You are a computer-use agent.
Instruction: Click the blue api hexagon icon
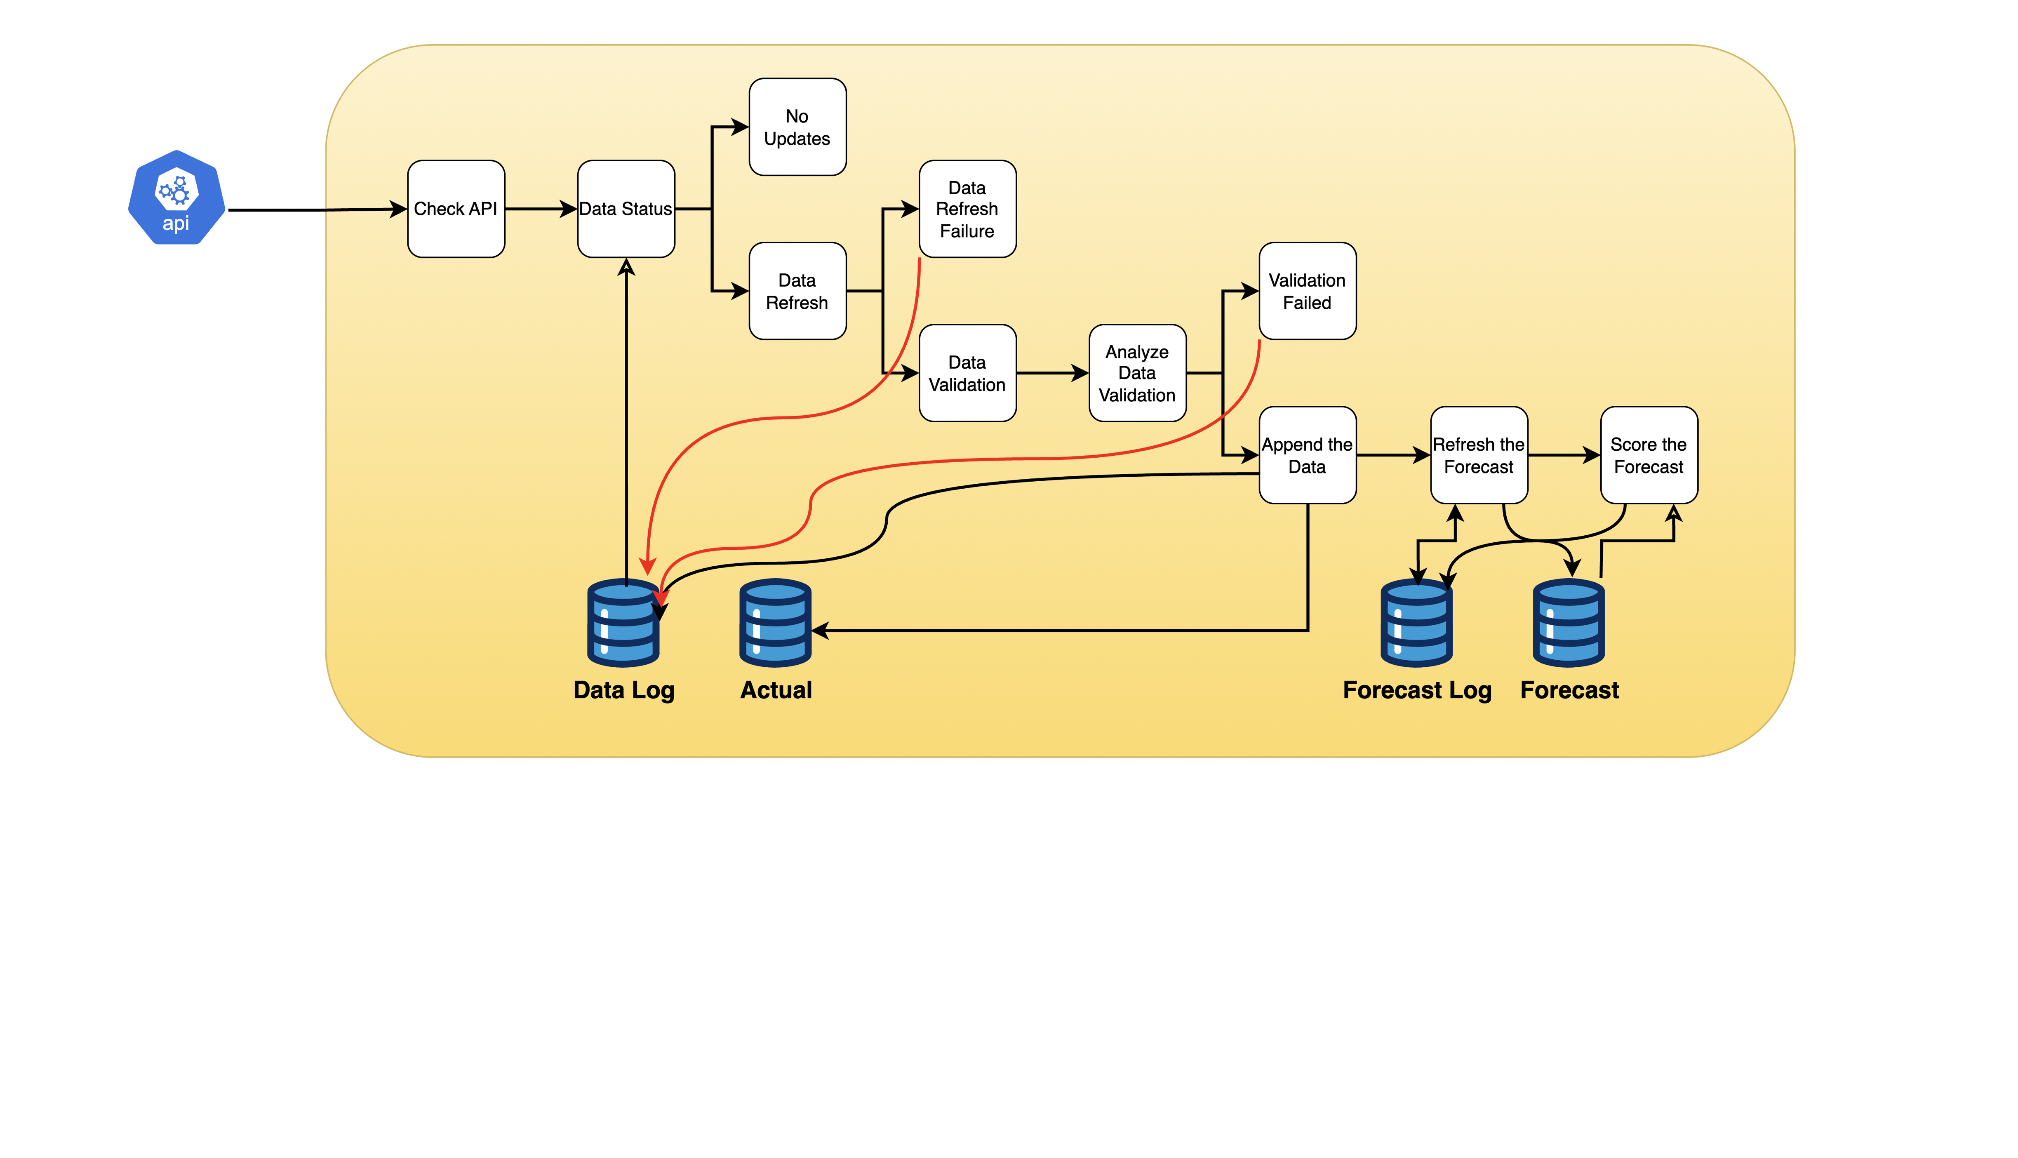[x=176, y=198]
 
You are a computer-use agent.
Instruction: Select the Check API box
[x=456, y=209]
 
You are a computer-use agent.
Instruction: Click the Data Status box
[x=626, y=209]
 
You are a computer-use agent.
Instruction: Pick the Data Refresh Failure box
[x=967, y=209]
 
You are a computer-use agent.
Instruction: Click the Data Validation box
[x=967, y=373]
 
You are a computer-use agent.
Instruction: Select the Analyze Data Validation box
[x=1137, y=373]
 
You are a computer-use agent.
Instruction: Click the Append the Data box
[x=1307, y=455]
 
